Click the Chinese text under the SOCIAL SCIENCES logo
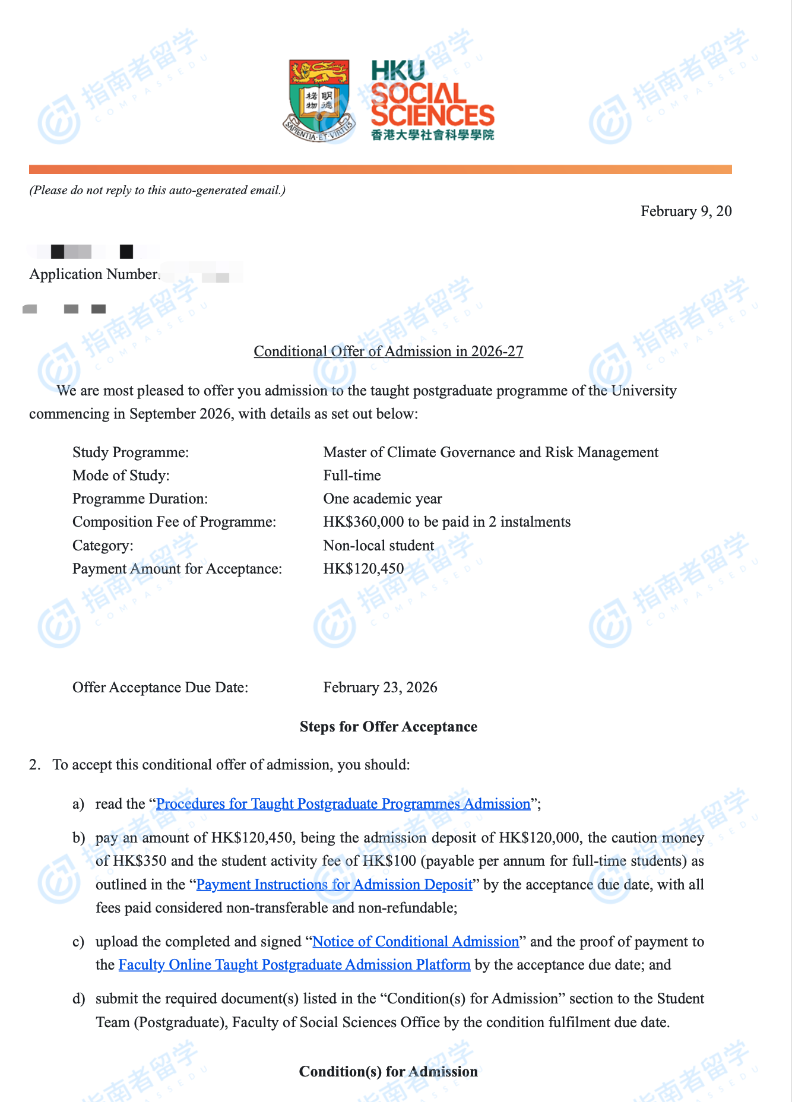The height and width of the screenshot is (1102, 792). pos(432,135)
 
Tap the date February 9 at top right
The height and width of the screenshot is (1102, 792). pos(686,211)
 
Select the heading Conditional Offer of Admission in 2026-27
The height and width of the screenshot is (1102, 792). pos(388,351)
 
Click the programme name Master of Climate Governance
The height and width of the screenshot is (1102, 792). pos(490,452)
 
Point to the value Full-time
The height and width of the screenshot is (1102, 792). pos(352,476)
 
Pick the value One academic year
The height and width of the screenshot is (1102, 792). pos(382,499)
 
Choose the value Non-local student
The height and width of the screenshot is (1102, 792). pos(378,546)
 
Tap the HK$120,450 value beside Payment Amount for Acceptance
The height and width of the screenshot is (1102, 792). pos(363,569)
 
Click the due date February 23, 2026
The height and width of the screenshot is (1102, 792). pos(380,688)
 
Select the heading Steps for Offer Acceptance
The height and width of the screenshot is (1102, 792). pos(388,727)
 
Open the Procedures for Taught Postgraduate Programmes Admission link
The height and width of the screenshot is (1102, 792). pos(343,804)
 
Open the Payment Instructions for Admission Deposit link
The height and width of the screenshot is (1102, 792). pos(334,885)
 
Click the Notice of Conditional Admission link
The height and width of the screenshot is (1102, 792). pos(416,942)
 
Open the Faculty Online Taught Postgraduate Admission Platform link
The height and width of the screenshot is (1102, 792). pos(294,965)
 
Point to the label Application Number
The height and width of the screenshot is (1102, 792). pos(94,274)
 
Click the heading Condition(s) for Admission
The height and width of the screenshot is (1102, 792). pos(388,1072)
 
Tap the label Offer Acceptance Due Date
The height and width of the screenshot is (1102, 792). pos(160,688)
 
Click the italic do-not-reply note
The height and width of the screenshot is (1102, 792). pos(157,191)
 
